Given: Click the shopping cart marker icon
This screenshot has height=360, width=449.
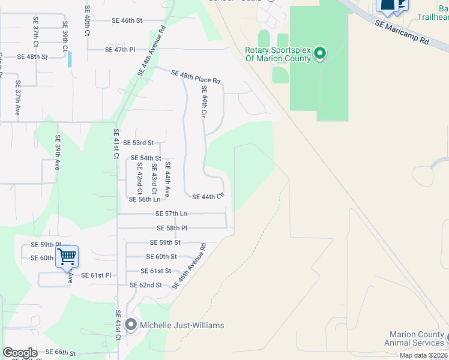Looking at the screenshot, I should pyautogui.click(x=67, y=257).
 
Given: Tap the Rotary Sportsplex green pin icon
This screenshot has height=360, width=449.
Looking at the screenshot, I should pyautogui.click(x=320, y=54).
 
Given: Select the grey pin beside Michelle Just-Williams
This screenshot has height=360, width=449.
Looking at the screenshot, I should pyautogui.click(x=131, y=326).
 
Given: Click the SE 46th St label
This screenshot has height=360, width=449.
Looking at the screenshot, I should pyautogui.click(x=127, y=20).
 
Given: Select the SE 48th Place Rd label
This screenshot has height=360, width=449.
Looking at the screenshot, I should pyautogui.click(x=196, y=76).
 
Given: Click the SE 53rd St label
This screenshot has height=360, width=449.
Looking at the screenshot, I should pyautogui.click(x=139, y=143).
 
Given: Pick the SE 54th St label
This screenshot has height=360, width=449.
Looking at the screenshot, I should pyautogui.click(x=146, y=158).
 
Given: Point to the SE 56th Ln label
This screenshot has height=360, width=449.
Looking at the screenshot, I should pyautogui.click(x=143, y=199).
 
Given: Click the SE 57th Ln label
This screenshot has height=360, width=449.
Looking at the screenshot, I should pyautogui.click(x=171, y=214).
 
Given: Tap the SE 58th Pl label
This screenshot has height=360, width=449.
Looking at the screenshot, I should pyautogui.click(x=172, y=228).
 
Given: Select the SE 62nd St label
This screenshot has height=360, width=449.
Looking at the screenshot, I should pyautogui.click(x=146, y=285).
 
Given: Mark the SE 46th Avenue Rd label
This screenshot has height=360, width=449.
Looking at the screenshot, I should pyautogui.click(x=189, y=266).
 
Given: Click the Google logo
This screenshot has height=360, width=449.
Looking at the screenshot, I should pyautogui.click(x=20, y=353).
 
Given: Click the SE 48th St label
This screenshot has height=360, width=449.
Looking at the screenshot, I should pyautogui.click(x=32, y=56).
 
